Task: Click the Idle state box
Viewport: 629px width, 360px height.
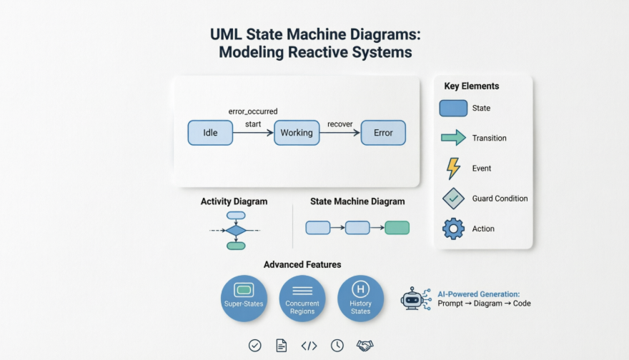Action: tap(210, 133)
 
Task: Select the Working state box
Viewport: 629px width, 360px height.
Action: tap(297, 133)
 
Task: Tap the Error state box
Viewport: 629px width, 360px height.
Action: tap(383, 133)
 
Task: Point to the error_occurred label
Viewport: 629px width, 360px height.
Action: tap(253, 111)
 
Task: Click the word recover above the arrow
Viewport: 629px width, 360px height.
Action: tap(340, 124)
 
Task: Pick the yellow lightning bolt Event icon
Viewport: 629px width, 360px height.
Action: tap(453, 169)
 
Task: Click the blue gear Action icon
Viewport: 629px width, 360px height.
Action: tap(453, 229)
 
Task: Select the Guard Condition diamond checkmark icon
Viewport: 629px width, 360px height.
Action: tap(453, 199)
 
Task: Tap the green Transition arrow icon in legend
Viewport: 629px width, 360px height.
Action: tap(453, 138)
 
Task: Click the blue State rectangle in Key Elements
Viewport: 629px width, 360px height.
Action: tap(453, 109)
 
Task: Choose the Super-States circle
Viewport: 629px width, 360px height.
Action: tap(244, 298)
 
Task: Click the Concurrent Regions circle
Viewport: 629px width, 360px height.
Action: tap(302, 298)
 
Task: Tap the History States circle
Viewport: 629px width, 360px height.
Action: tap(361, 298)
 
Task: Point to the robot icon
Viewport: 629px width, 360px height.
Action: tap(414, 299)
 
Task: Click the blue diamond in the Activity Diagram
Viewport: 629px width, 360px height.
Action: tap(236, 231)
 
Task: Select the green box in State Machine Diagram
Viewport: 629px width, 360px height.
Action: tap(397, 228)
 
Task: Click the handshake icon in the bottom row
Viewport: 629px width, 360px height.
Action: tap(365, 346)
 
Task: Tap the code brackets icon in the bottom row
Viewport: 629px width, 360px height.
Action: tap(309, 346)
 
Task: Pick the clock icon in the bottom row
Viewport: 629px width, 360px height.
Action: tap(337, 346)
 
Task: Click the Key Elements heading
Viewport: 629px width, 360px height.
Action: tap(472, 86)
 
